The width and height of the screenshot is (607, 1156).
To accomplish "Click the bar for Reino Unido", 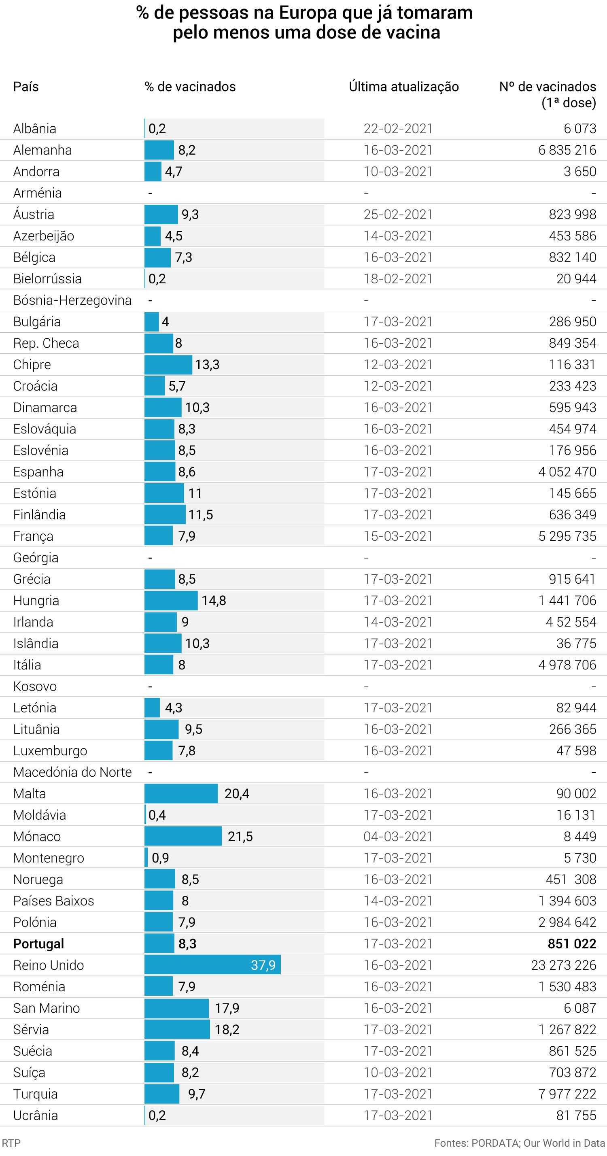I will point(212,965).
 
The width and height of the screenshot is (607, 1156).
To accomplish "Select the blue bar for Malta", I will point(181,793).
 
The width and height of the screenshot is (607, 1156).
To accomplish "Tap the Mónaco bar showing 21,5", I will point(183,836).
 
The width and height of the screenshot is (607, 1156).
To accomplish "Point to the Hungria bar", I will point(170,600).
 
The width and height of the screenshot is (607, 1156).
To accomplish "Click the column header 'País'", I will point(26,87).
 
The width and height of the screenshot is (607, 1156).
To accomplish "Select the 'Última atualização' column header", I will point(403,87).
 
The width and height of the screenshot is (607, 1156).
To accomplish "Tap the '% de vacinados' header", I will point(190,87).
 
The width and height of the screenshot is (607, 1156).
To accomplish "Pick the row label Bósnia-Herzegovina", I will point(72,300).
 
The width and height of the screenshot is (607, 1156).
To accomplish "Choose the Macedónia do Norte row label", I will point(72,772).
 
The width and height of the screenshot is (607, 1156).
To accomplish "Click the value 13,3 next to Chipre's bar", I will point(207,364).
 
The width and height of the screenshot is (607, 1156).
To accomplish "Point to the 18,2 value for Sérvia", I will point(227,1029).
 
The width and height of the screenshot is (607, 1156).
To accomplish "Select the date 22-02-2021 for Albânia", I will point(398,129).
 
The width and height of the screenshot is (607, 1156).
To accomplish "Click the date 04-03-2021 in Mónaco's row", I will point(398,836).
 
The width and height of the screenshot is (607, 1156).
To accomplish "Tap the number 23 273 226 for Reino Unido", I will point(563,965).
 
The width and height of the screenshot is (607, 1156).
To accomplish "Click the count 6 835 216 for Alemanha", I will point(567,150).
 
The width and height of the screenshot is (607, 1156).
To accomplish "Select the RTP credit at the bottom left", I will point(11,1143).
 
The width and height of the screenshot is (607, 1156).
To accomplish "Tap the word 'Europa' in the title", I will point(309,13).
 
